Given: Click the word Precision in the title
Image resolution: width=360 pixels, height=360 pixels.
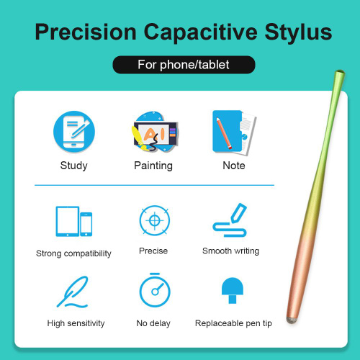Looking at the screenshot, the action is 86,32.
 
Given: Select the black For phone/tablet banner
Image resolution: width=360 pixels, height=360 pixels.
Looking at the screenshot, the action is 184,65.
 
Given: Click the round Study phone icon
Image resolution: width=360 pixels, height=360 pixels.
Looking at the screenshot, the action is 74,132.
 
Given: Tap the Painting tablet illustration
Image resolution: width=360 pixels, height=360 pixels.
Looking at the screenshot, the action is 155,132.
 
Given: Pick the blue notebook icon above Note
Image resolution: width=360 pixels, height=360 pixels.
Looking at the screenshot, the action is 234,132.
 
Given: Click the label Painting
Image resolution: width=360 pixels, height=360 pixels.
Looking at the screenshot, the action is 153,166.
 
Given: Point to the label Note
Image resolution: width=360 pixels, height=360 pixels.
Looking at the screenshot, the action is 234,166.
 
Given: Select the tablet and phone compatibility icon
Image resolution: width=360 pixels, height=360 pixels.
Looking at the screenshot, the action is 74,222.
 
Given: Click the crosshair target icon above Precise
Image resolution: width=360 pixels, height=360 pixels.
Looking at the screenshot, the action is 155,220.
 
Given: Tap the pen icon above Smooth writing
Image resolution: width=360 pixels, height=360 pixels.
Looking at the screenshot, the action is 230,220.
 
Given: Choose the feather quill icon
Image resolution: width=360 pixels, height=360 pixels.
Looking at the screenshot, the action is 73,292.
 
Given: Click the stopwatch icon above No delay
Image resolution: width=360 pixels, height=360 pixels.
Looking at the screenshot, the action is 155,290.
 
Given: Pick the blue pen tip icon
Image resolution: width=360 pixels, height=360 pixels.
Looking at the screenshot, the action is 233,290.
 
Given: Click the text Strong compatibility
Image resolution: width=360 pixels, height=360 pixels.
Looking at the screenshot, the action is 73,253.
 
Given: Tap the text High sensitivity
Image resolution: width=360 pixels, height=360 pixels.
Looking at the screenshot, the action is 76,323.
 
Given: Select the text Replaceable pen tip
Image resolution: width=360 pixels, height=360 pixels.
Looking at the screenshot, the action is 233,323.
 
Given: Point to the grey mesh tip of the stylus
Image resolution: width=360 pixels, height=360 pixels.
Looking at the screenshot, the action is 292,320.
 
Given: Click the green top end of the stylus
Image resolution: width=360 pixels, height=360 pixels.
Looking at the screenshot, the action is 339,73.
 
